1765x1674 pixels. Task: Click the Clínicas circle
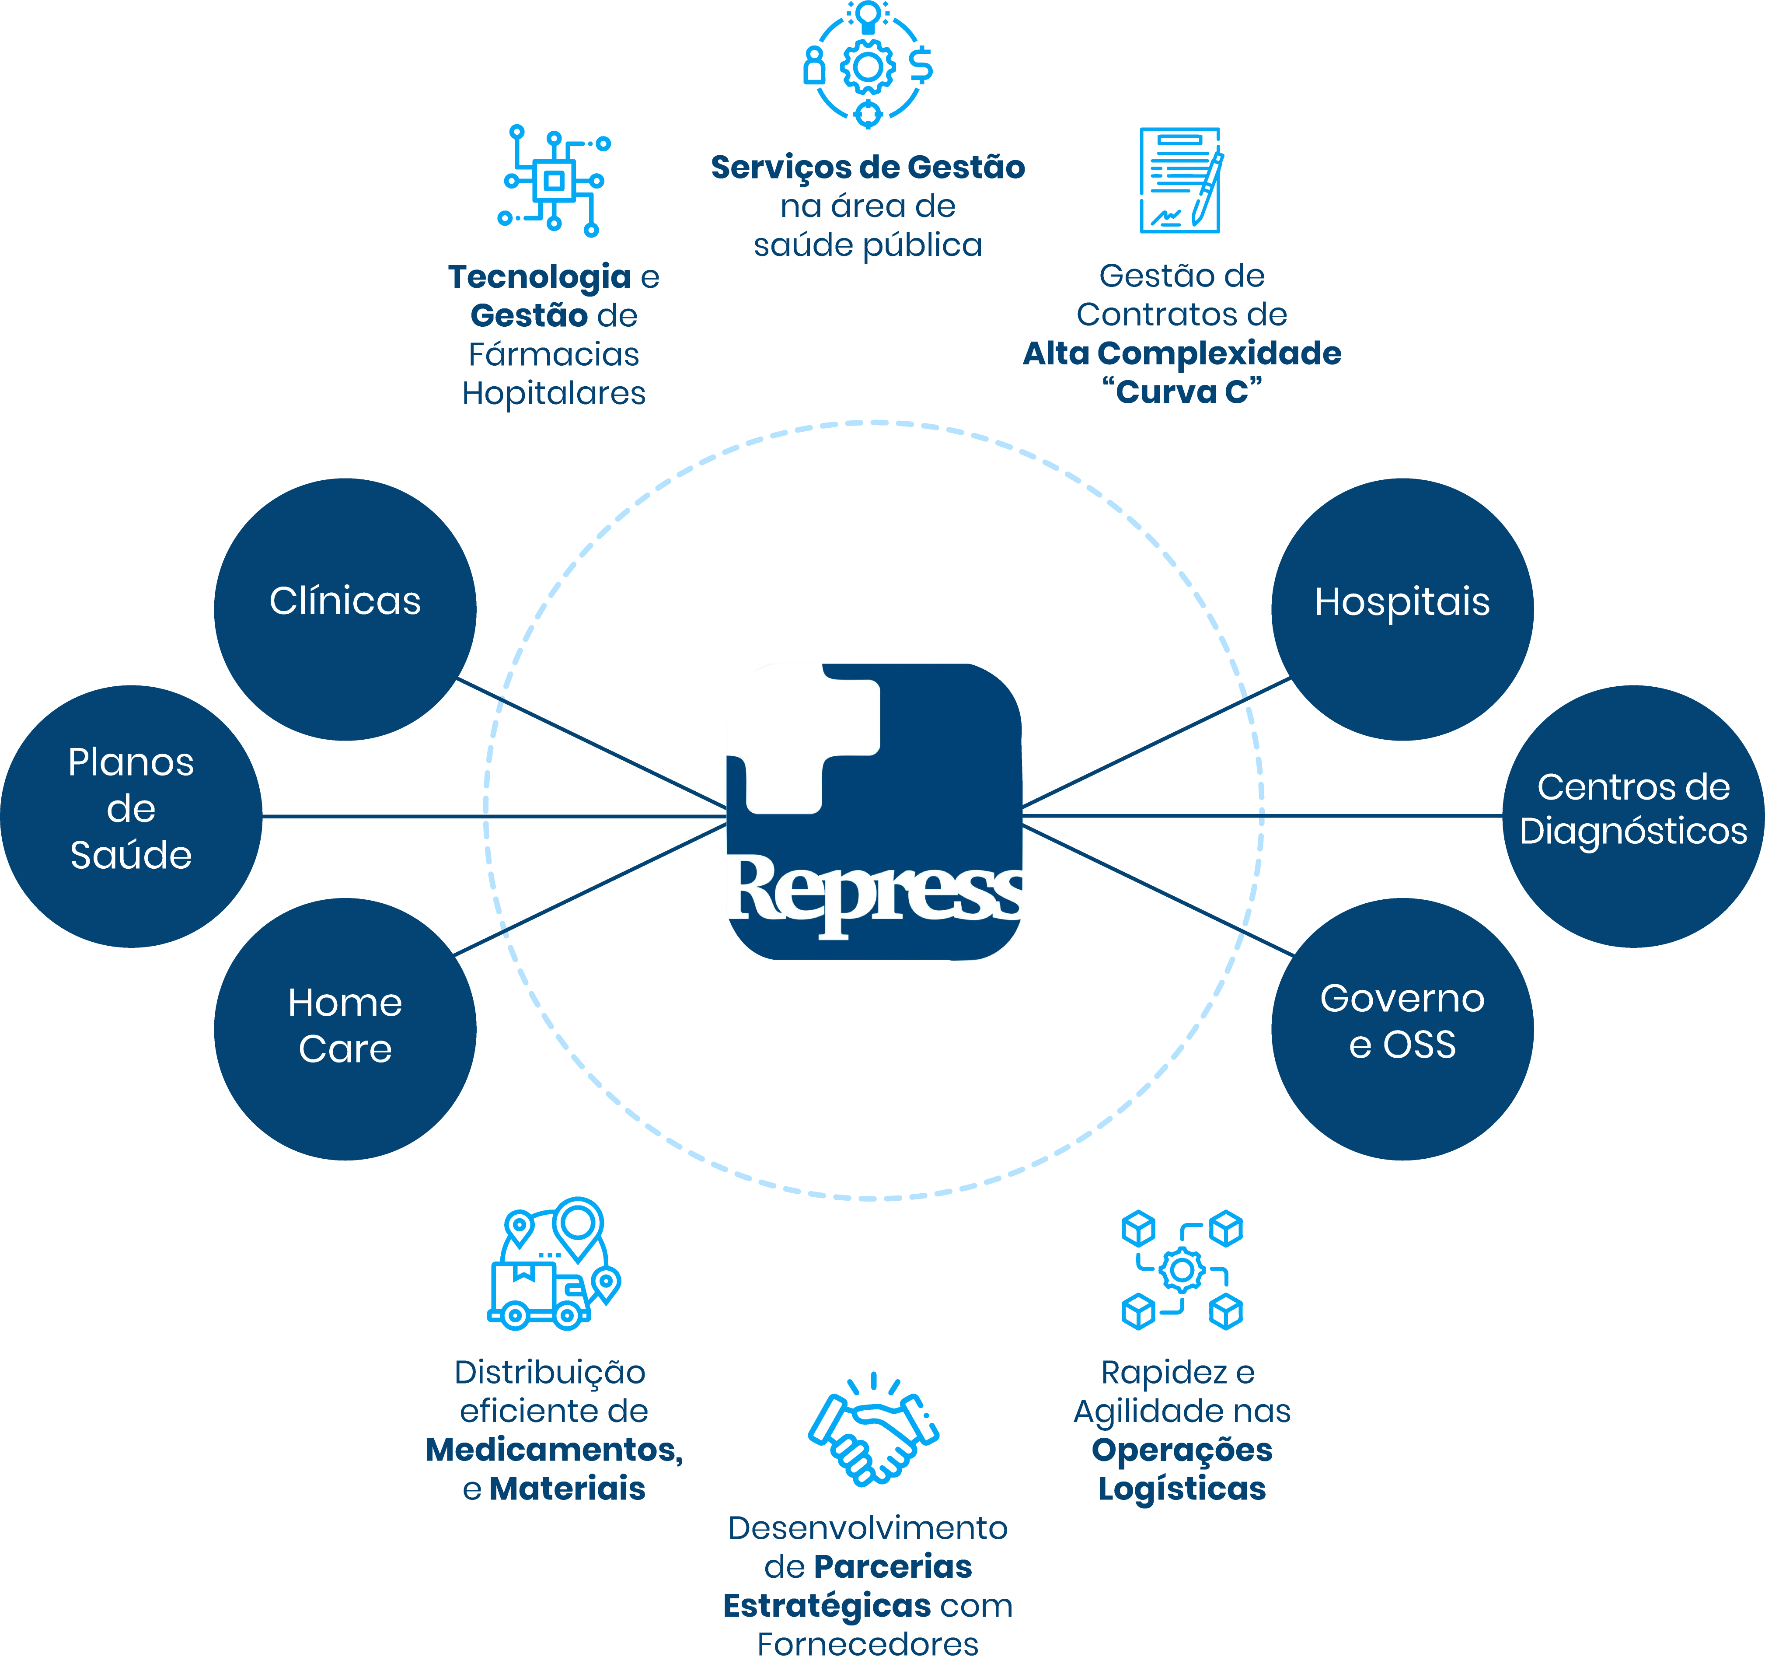coord(345,609)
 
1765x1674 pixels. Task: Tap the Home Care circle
coord(345,1029)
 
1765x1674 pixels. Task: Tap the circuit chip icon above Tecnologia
coord(554,181)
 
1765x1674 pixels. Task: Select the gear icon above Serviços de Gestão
coord(867,64)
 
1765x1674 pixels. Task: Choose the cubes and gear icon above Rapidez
coord(1182,1270)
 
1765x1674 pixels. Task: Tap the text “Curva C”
coord(1182,392)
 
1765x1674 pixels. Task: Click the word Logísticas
coord(1182,1489)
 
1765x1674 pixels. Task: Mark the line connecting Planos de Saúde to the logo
coord(495,816)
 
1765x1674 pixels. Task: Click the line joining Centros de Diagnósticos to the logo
coord(1263,815)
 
